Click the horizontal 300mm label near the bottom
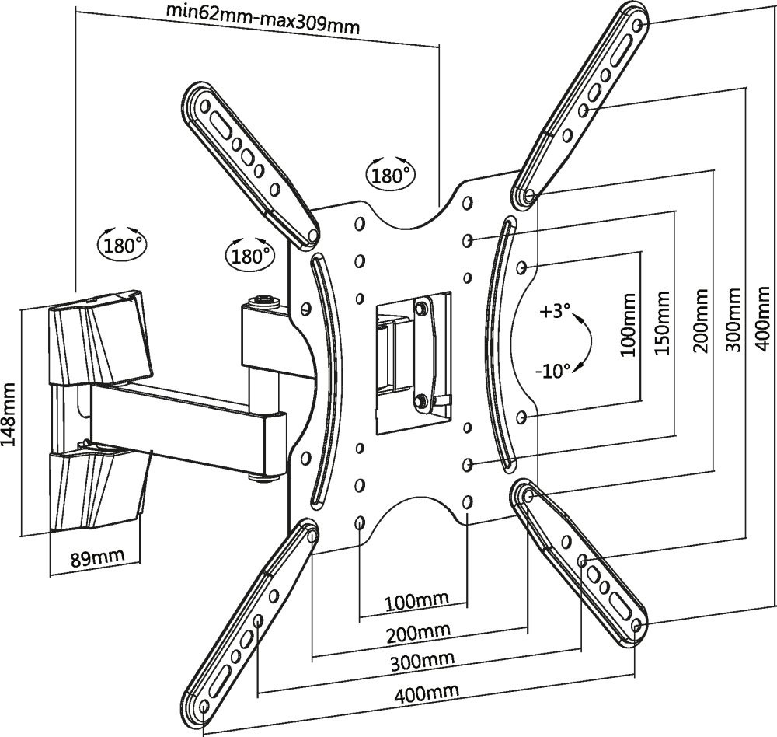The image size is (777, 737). pos(423,661)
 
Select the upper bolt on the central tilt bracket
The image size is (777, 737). pos(421,309)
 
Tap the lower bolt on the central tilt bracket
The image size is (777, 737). pos(420,400)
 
